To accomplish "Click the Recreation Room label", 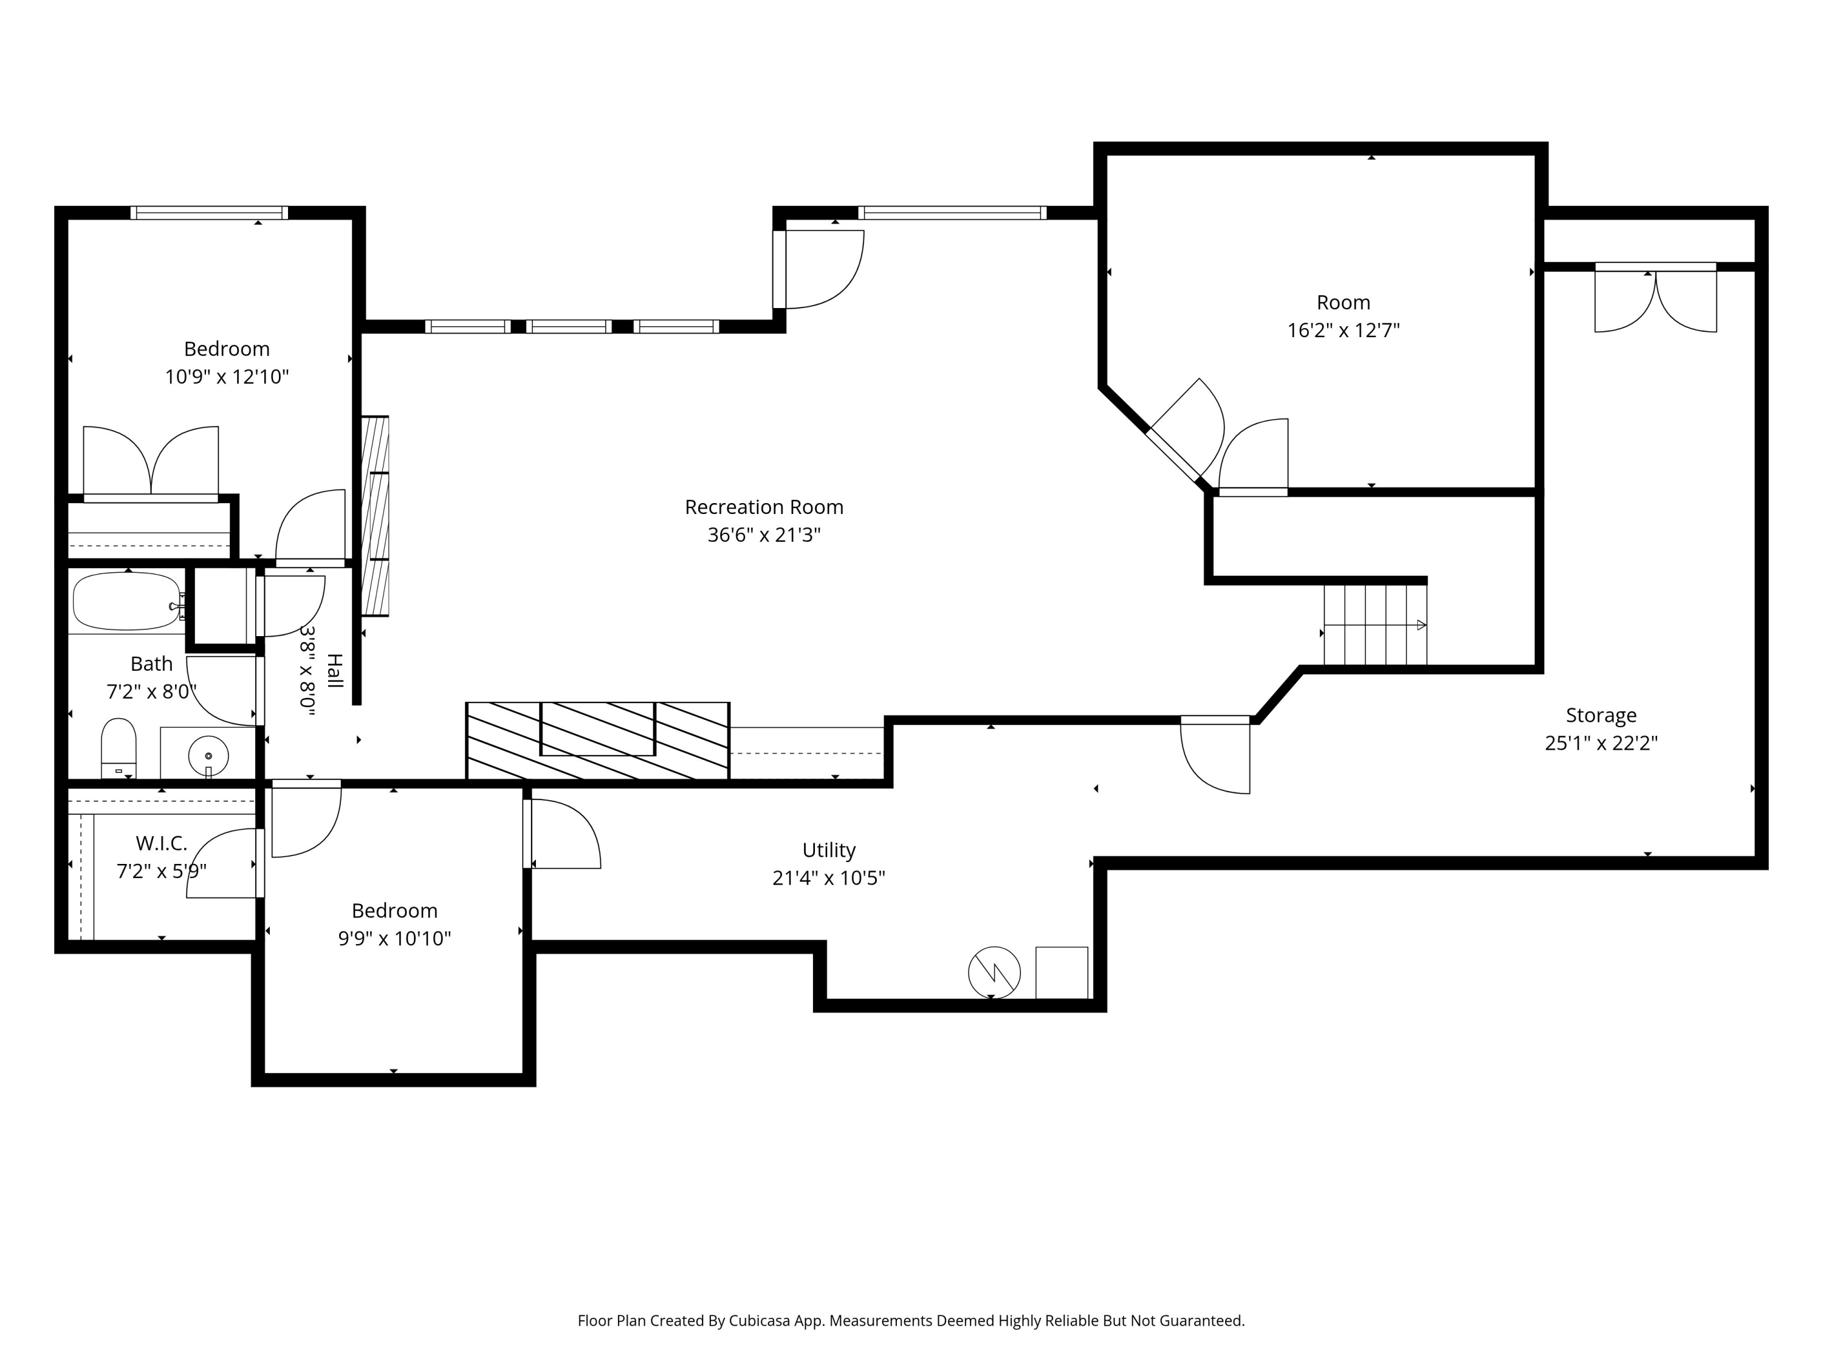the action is [x=764, y=507].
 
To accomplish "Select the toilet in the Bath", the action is [x=118, y=747].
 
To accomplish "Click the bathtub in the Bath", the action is [x=128, y=601].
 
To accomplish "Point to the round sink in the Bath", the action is [x=208, y=755].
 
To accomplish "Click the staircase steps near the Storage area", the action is [x=1375, y=625].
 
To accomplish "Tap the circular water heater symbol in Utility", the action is [x=994, y=972].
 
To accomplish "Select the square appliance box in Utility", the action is [x=1062, y=972].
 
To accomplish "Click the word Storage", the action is [x=1601, y=715].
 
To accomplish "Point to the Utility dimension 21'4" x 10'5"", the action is [x=828, y=877].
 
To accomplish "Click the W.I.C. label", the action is [x=162, y=843].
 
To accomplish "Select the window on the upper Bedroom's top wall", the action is [x=209, y=213].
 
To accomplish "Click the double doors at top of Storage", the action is [x=1656, y=298].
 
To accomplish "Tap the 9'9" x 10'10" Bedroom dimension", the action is [x=394, y=937].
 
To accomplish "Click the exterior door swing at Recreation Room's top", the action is [x=819, y=269].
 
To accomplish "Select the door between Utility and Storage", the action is [x=1215, y=755].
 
